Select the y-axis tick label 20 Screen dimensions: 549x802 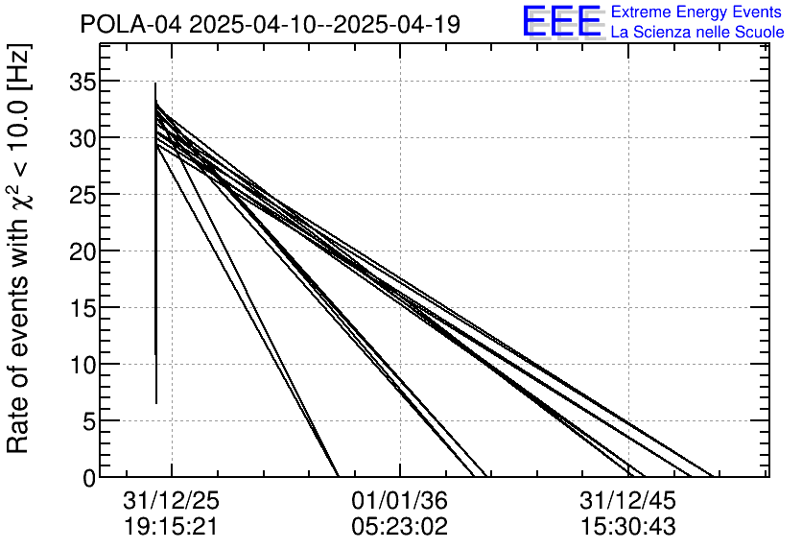pos(83,251)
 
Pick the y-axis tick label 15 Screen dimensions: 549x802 pos(83,308)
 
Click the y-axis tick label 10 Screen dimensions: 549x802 pos(83,365)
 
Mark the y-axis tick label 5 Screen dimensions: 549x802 pos(90,421)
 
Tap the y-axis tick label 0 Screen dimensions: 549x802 pos(90,477)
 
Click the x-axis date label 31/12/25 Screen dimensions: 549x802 pos(173,501)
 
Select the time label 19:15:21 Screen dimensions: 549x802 pos(173,527)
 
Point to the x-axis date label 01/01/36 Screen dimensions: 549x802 pos(400,501)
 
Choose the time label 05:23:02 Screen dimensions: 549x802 pos(400,527)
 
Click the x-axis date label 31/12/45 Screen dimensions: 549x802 pos(627,501)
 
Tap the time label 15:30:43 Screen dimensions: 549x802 pos(627,527)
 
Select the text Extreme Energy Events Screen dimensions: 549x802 pos(696,12)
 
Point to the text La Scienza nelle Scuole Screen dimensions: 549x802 pos(696,32)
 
